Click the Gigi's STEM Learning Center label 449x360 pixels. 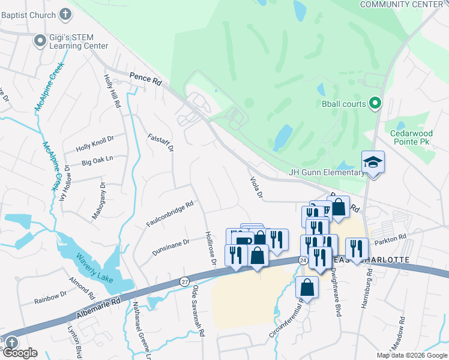pyautogui.click(x=79, y=41)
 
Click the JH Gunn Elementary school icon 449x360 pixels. pyautogui.click(x=373, y=162)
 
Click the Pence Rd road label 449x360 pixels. pyautogui.click(x=145, y=78)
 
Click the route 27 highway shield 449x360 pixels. pyautogui.click(x=184, y=281)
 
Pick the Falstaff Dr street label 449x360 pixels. pyautogui.click(x=161, y=143)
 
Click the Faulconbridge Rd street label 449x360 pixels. pyautogui.click(x=169, y=214)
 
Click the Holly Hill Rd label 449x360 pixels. pyautogui.click(x=112, y=91)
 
